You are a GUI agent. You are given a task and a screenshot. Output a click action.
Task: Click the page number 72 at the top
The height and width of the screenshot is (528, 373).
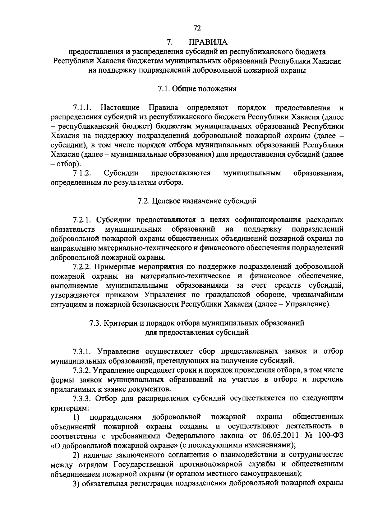point(197,28)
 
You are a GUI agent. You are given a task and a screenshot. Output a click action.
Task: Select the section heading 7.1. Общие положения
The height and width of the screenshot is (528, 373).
point(197,89)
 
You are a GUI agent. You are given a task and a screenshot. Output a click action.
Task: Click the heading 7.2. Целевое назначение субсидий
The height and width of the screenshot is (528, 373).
point(197,201)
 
